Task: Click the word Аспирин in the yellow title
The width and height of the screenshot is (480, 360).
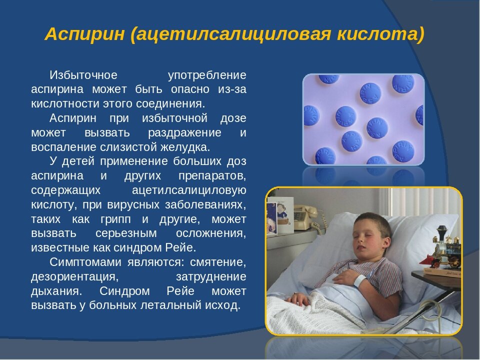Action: [x=85, y=34]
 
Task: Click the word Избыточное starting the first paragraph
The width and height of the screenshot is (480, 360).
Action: [x=83, y=75]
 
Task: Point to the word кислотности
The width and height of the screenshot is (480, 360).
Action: [x=65, y=104]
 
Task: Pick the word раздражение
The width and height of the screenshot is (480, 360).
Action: [x=184, y=133]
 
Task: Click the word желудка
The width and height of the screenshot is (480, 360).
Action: [x=185, y=147]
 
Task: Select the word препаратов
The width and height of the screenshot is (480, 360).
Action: [x=212, y=176]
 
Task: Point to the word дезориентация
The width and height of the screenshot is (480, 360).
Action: [x=74, y=276]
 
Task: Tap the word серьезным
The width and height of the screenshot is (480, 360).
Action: [x=126, y=233]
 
